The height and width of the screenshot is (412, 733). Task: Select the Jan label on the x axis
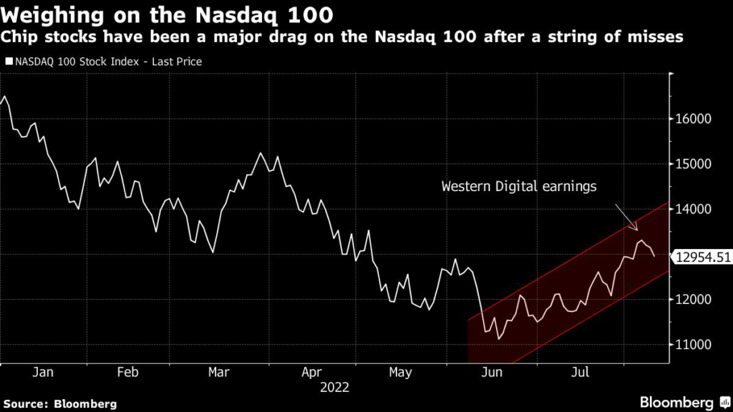point(44,372)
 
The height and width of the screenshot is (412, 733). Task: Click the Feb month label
point(127,372)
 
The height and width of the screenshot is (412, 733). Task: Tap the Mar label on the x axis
point(219,372)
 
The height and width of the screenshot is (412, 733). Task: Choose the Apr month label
point(311,372)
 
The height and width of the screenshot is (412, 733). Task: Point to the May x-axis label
point(400,372)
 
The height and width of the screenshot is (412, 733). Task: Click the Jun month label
point(491,372)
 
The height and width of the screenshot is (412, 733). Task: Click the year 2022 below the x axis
point(335,387)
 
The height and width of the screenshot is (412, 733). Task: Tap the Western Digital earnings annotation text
point(518,187)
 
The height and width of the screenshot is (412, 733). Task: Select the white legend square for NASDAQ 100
point(8,62)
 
